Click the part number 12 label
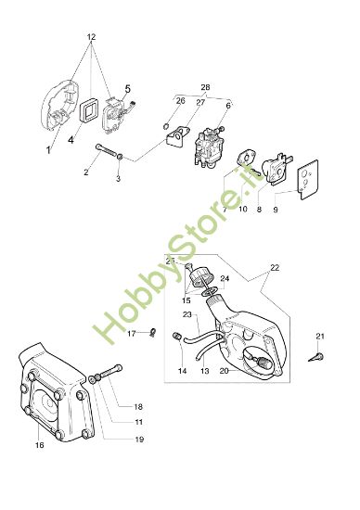tap(92, 37)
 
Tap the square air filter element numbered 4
tap(88, 112)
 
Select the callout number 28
tap(205, 87)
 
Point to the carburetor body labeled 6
tap(207, 147)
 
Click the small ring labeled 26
tap(165, 125)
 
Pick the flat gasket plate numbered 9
tap(309, 180)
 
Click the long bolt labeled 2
tap(107, 151)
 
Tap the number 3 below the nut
tap(118, 179)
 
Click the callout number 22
tap(275, 268)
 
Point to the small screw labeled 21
tap(317, 357)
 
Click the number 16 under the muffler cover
tap(39, 445)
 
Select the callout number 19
tap(139, 440)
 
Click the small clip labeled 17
tap(152, 333)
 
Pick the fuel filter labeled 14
tap(175, 336)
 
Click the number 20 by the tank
tap(224, 371)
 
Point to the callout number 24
tap(225, 278)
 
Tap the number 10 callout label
tap(243, 209)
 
